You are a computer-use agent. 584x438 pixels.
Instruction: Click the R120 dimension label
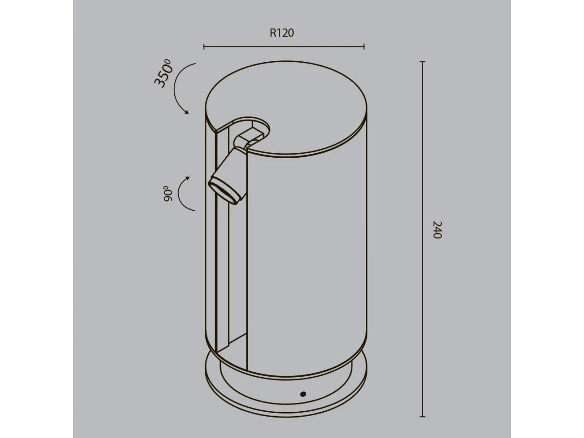tap(282, 33)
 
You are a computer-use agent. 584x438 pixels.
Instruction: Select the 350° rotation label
tap(163, 73)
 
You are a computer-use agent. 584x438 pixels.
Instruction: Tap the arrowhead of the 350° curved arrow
tap(187, 112)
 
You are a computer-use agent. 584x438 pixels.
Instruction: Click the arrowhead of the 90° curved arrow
tap(188, 178)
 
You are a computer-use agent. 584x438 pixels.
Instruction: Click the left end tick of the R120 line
tap(204, 47)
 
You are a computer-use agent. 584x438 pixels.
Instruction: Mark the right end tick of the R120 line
tap(364, 47)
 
